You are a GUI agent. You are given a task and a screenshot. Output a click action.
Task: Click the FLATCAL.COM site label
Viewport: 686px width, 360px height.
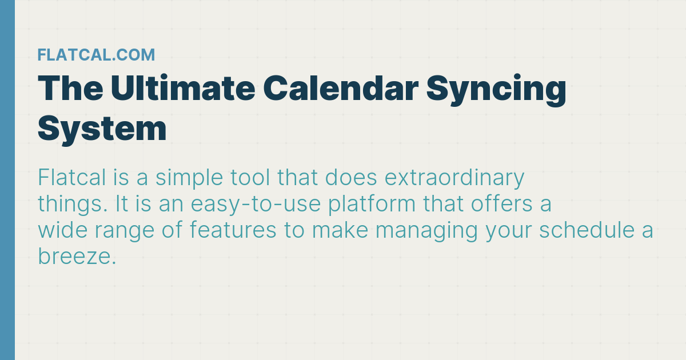pos(96,55)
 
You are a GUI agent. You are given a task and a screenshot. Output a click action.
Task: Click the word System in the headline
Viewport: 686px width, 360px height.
pos(102,129)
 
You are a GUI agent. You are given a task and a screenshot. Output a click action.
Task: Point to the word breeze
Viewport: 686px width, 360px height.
pos(77,257)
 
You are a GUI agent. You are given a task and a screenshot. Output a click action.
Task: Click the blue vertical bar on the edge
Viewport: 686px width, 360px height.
pos(7,180)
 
